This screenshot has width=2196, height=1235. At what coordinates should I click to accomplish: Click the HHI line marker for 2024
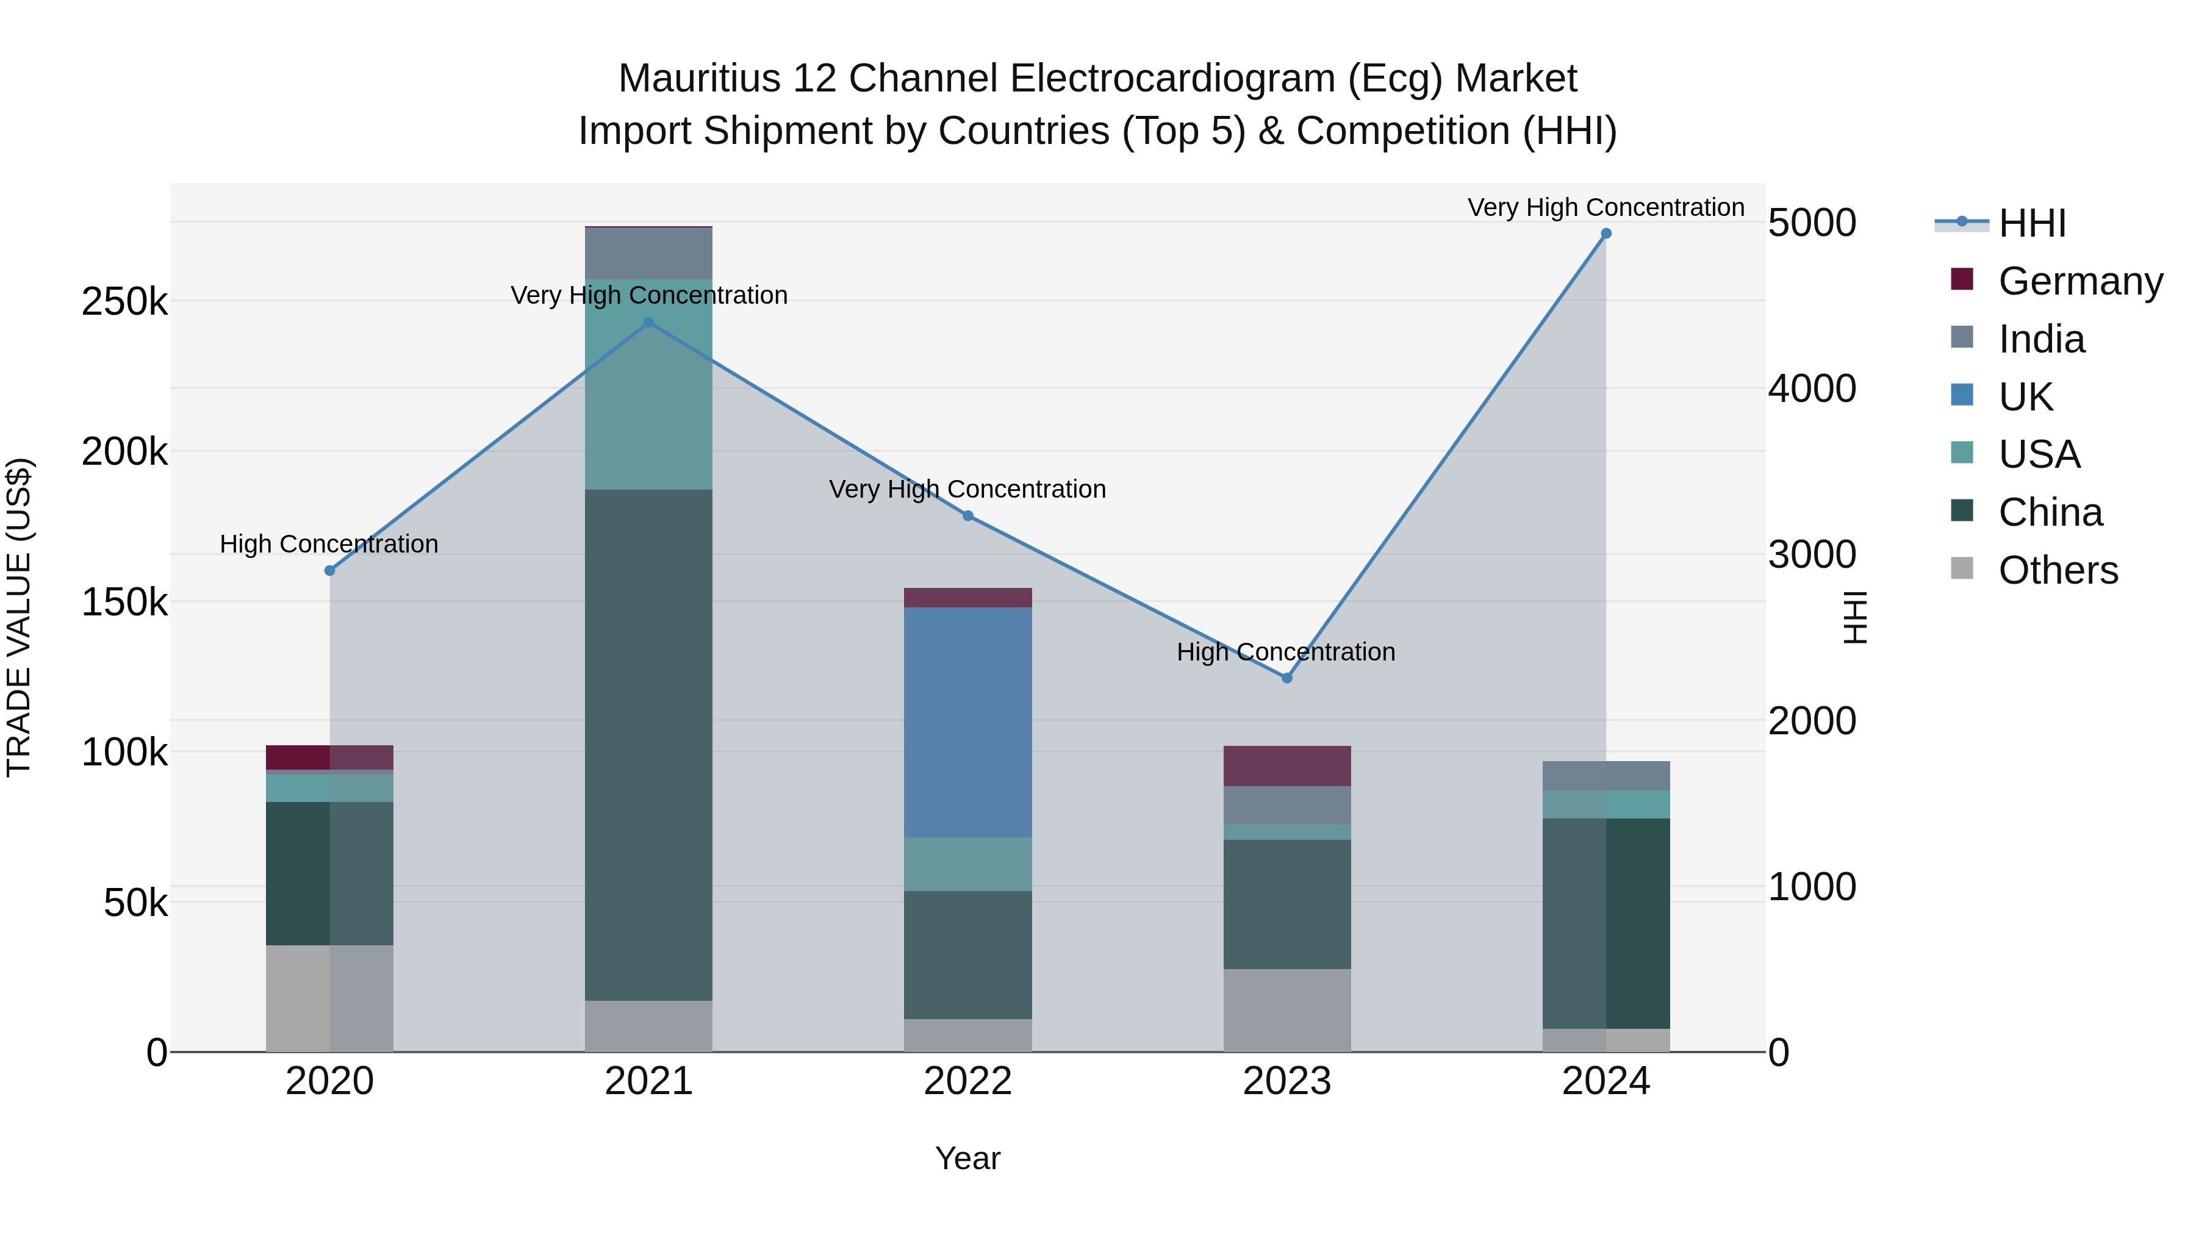coord(1606,234)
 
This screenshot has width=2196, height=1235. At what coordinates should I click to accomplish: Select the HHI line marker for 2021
coord(649,323)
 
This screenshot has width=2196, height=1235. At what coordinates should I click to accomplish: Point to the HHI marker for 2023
coord(1287,678)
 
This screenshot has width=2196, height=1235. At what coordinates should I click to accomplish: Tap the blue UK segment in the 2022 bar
coord(967,722)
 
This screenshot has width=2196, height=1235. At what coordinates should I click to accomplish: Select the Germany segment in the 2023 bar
coord(1287,765)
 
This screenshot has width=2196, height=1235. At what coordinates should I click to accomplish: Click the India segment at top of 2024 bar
coord(1606,776)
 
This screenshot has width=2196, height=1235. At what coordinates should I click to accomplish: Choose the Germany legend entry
coord(2080,281)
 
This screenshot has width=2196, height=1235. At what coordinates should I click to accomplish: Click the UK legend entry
coord(2025,397)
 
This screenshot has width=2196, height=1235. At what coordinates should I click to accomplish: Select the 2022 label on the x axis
coord(967,1081)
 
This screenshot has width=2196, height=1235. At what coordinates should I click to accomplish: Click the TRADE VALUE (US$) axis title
coord(19,617)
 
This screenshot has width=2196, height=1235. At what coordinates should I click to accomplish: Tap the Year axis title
coord(967,1158)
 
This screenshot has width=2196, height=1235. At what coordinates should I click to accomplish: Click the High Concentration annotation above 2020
coord(329,544)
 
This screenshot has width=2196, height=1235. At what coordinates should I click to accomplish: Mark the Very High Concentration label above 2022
coord(967,489)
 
